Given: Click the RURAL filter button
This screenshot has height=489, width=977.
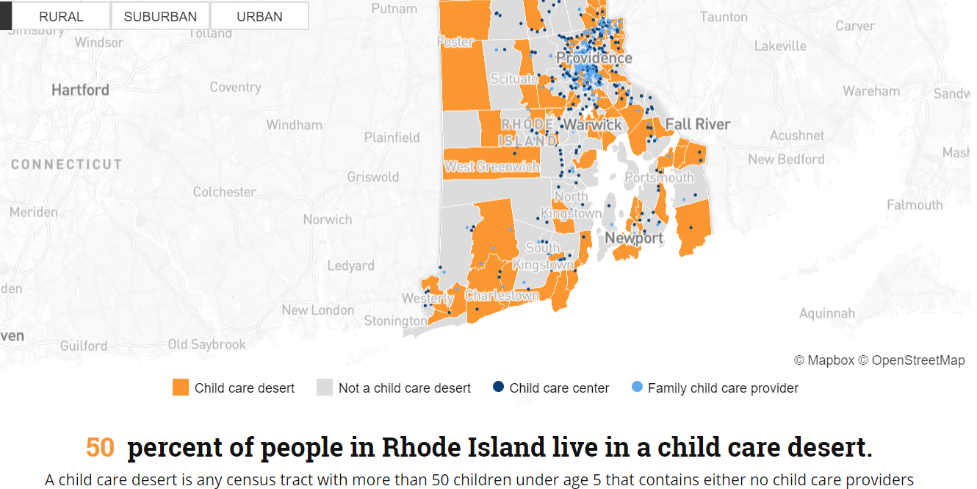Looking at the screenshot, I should coord(61,16).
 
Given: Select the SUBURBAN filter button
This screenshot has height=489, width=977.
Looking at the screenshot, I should coord(160,16).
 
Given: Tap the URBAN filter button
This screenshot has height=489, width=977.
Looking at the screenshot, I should coord(259,16).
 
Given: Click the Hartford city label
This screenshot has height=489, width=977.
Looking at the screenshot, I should coord(80,90).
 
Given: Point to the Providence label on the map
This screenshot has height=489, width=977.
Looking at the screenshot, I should coord(594,58).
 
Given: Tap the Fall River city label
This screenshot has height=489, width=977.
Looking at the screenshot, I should coord(698,124).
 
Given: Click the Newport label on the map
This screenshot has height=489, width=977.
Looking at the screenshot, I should coord(634,238).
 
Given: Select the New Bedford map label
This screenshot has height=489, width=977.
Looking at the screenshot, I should coord(786,160).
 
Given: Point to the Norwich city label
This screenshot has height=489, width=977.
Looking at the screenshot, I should coord(328,219).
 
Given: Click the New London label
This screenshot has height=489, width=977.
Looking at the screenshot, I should coord(318,310).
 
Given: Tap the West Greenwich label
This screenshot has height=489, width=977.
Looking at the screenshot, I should coord(491,167).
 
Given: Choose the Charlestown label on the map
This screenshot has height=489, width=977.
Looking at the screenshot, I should coord(502,296).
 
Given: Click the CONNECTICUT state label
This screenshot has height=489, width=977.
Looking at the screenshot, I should coord(66,165).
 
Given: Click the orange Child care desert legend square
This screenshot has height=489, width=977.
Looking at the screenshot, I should coord(181,388).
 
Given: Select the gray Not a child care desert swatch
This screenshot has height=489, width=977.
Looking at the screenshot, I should coord(325,388).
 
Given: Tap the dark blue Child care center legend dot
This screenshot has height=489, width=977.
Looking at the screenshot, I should coord(498,387).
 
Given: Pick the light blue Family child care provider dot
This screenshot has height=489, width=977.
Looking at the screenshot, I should coord(637,387).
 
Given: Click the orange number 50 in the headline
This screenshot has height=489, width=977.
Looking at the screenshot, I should coord(100,447).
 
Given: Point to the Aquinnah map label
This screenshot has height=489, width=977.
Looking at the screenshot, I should coord(826,314).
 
